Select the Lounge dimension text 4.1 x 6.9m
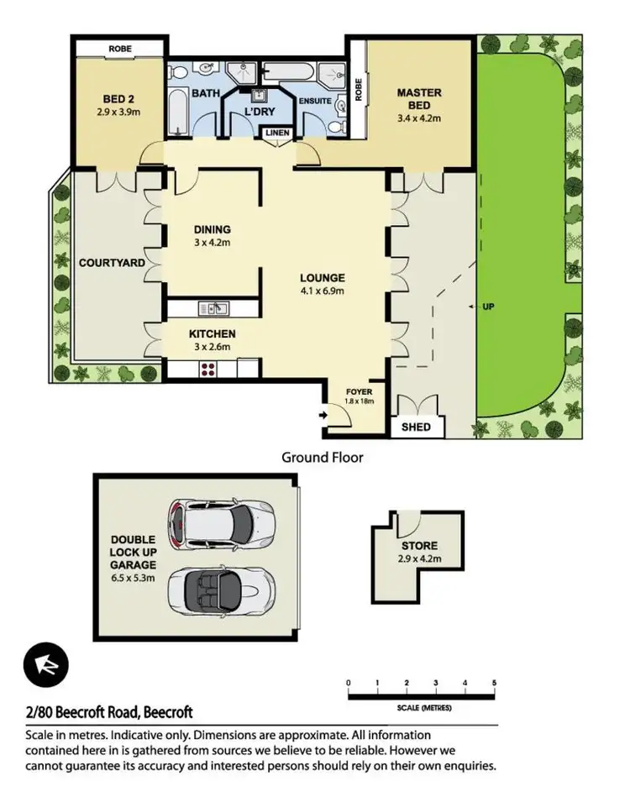[x=323, y=291]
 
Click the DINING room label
[x=212, y=229]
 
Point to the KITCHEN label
[x=212, y=333]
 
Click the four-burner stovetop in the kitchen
[x=208, y=369]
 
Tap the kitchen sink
[x=216, y=309]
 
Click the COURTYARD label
[x=112, y=263]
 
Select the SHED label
[x=417, y=427]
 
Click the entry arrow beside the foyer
[x=324, y=415]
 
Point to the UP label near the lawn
[x=487, y=307]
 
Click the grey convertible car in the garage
[x=220, y=590]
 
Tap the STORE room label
[x=417, y=547]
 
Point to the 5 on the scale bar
[x=495, y=682]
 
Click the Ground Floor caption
[x=322, y=458]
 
